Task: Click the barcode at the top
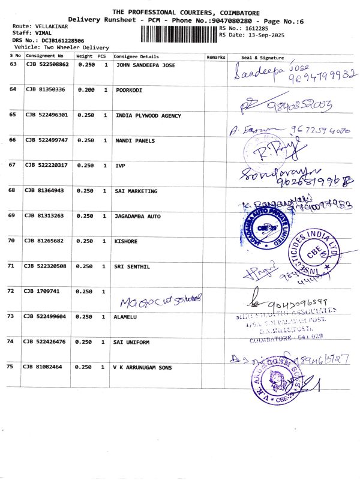179,34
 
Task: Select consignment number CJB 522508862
47,64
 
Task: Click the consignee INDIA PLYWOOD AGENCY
148,115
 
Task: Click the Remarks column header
215,56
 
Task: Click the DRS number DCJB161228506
58,40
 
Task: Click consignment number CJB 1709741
40,291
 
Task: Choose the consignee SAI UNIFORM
133,341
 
